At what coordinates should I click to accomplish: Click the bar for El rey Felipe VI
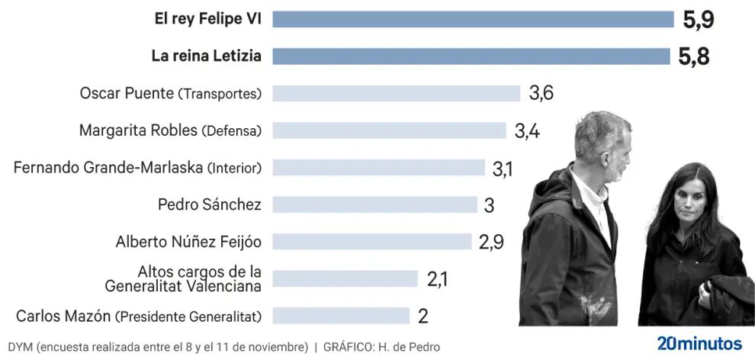(473, 19)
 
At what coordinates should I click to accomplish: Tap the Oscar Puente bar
(396, 93)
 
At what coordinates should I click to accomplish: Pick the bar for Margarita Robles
(389, 130)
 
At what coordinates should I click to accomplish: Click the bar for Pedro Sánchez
(374, 204)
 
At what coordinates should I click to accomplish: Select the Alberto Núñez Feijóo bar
(371, 242)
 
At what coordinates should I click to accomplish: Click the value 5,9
(698, 20)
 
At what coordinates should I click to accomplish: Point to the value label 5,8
(693, 56)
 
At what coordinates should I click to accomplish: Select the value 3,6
(541, 93)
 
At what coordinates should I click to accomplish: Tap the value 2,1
(438, 279)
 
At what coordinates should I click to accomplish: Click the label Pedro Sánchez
(209, 204)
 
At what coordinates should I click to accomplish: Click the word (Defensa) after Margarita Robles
(231, 131)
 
